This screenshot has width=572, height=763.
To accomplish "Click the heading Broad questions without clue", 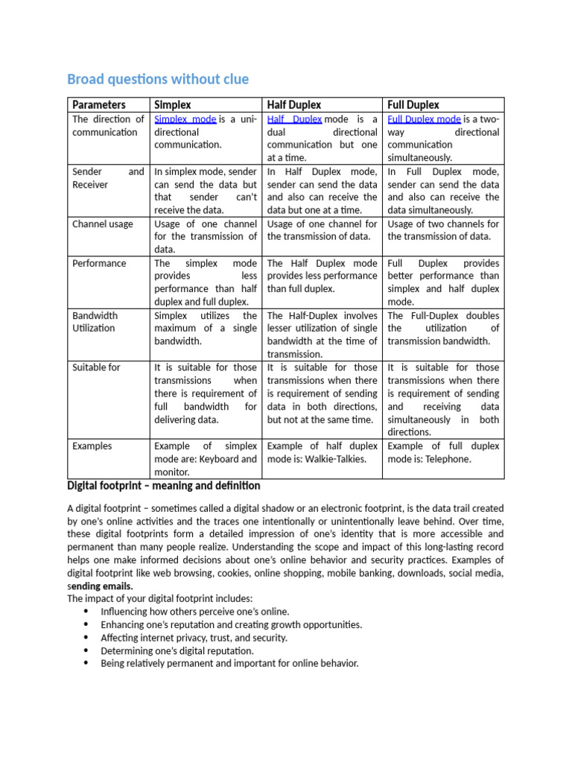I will pos(158,79).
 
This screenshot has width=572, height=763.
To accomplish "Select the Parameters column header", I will pos(99,105).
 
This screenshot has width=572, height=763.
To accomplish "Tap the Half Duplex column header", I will pos(294,105).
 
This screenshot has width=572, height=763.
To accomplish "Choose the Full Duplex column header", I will pos(413,105).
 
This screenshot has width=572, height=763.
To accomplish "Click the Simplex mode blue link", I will pos(185,119).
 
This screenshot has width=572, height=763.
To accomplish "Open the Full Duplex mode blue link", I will pos(424,119).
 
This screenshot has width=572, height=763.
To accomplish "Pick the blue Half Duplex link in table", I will pos(294,119).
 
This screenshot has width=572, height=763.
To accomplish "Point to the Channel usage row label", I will pos(103,224).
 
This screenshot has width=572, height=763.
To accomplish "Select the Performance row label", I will pos(99,263).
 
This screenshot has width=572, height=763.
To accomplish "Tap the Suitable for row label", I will pos(96,367).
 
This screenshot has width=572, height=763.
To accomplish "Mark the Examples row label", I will pos(92,446).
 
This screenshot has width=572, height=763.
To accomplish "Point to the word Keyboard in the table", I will pos(219,459).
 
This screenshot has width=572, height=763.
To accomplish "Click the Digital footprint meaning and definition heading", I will pos(164,486).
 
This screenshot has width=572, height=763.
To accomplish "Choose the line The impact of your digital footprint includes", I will pos(160,598).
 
